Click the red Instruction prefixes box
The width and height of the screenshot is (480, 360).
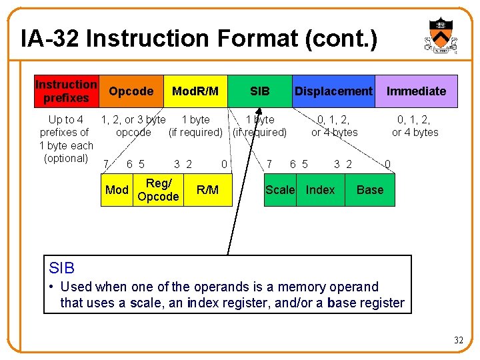point(66,91)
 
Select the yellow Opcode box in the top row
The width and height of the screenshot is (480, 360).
point(131,91)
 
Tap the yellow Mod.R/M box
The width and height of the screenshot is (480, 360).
point(195,91)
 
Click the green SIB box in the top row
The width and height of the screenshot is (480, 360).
point(259,91)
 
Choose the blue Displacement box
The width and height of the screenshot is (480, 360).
point(333,91)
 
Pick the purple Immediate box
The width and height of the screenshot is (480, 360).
point(416,91)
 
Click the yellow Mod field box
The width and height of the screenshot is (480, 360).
point(117,190)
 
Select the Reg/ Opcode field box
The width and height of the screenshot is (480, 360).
point(158,190)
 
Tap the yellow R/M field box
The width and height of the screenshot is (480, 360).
point(207,190)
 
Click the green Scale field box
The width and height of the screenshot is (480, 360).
point(280,190)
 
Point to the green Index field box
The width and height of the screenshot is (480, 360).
point(320,190)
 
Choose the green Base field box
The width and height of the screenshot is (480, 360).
point(370,190)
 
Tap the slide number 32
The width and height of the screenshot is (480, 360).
point(458,341)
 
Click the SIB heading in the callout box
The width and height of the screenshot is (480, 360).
point(62,268)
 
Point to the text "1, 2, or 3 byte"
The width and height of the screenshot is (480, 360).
point(133,120)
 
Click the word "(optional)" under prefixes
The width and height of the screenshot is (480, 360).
point(66,158)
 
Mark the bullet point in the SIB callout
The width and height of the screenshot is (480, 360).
point(52,287)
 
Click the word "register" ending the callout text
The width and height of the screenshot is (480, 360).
point(381,303)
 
